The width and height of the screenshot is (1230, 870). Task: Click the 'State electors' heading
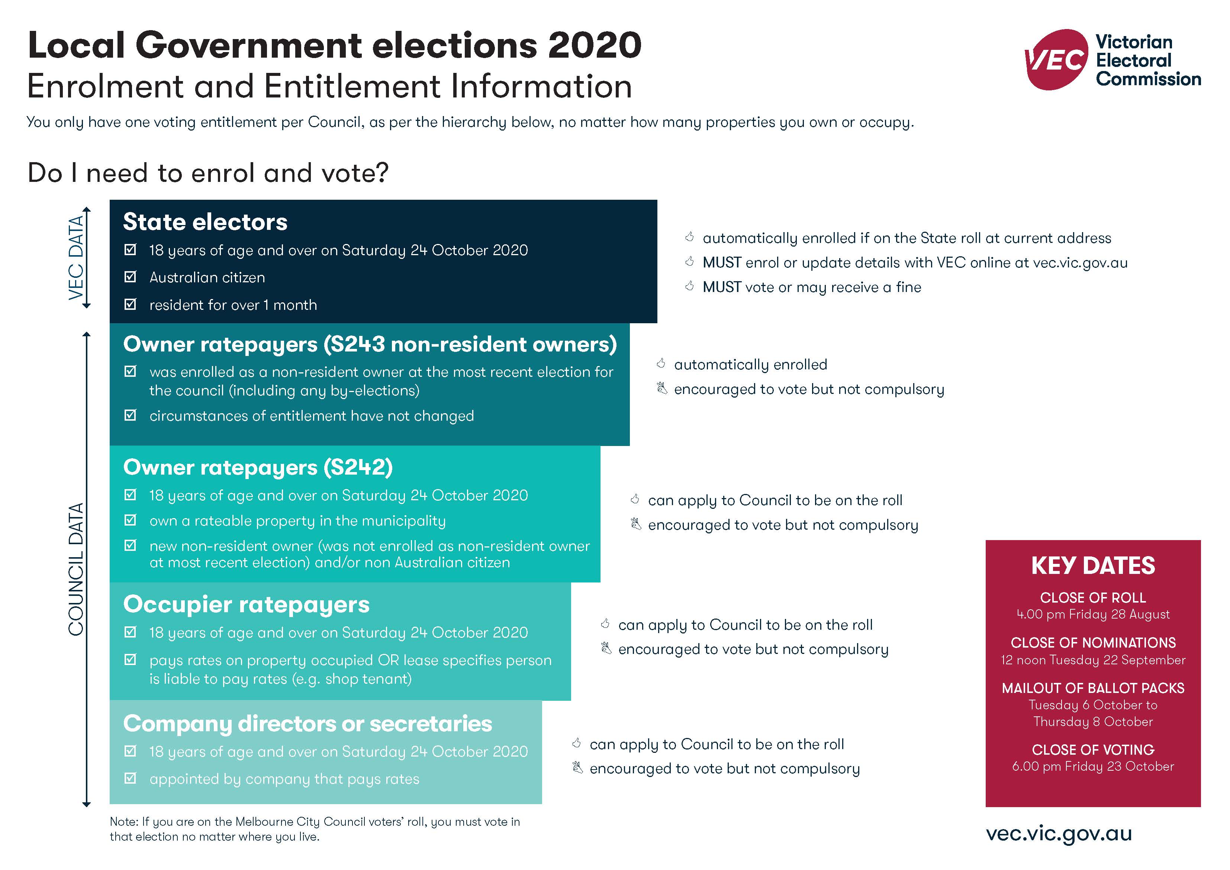pyautogui.click(x=205, y=222)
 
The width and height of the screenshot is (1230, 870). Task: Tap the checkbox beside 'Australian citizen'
pyautogui.click(x=130, y=277)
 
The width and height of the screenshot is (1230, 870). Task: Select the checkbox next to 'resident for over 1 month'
pyautogui.click(x=130, y=305)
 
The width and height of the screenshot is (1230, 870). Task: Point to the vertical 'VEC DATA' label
pyautogui.click(x=76, y=257)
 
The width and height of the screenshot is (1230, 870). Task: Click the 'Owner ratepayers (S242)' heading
pyautogui.click(x=258, y=467)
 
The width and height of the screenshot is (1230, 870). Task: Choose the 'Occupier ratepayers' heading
pyautogui.click(x=247, y=604)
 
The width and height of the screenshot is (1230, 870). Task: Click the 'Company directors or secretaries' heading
pyautogui.click(x=307, y=723)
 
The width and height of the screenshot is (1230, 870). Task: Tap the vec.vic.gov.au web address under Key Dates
pyautogui.click(x=1059, y=834)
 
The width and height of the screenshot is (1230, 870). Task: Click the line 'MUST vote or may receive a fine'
pyautogui.click(x=812, y=287)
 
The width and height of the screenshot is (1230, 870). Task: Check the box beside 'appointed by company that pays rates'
pyautogui.click(x=130, y=778)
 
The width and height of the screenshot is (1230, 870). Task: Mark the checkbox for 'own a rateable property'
pyautogui.click(x=130, y=520)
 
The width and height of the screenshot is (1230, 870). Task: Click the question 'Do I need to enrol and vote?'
pyautogui.click(x=208, y=173)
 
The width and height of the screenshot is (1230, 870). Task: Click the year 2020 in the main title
pyautogui.click(x=595, y=45)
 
